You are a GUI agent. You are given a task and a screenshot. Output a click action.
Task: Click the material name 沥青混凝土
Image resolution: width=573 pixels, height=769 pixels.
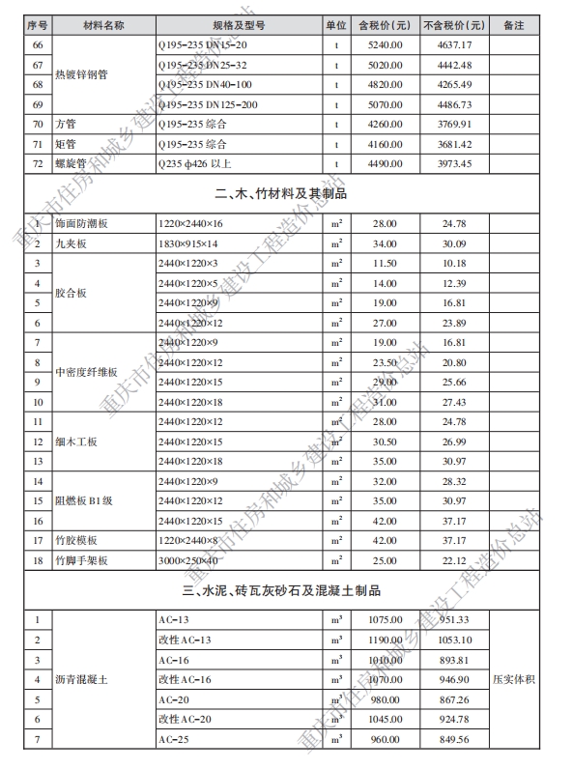(85, 680)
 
